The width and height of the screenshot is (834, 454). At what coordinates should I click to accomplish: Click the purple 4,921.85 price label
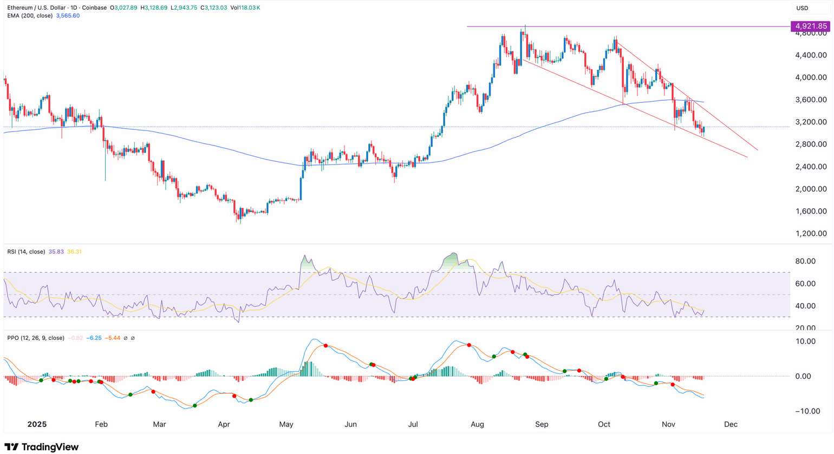(x=810, y=26)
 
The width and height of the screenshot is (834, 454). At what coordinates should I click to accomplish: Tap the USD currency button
(x=802, y=8)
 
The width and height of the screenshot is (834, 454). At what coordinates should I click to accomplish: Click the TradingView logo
(x=42, y=447)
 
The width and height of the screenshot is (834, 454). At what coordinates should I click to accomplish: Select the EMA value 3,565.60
(x=68, y=16)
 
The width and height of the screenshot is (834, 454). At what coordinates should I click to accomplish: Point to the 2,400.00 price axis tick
(x=811, y=167)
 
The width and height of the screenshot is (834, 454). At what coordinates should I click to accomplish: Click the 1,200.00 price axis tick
(x=811, y=234)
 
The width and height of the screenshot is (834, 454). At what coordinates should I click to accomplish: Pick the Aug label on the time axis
(x=478, y=424)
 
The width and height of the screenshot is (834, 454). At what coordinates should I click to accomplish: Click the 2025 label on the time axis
(x=37, y=424)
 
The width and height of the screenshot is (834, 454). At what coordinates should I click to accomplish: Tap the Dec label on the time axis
(x=731, y=424)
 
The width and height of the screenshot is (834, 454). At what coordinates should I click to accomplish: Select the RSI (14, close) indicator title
(x=26, y=252)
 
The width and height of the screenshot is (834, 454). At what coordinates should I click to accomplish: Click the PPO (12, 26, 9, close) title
(x=36, y=338)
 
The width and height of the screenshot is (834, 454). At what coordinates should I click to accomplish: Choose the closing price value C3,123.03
(x=213, y=8)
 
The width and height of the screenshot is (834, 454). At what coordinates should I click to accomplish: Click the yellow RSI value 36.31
(x=74, y=252)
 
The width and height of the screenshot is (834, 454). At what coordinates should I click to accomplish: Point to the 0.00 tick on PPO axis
(x=807, y=377)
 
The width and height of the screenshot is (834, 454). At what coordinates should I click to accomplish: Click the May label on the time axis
(x=286, y=424)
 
